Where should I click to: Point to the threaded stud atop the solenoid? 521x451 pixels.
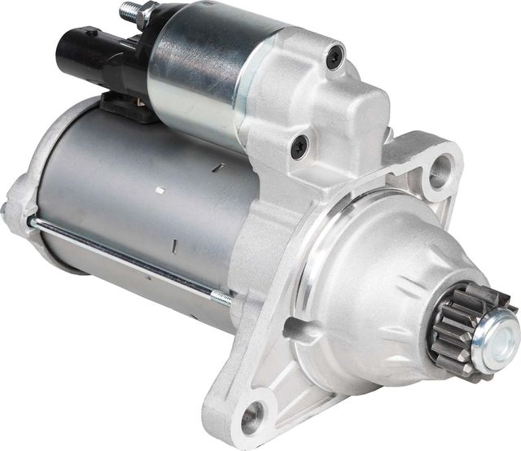click(128, 12)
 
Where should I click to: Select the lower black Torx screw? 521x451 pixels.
click(299, 147)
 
